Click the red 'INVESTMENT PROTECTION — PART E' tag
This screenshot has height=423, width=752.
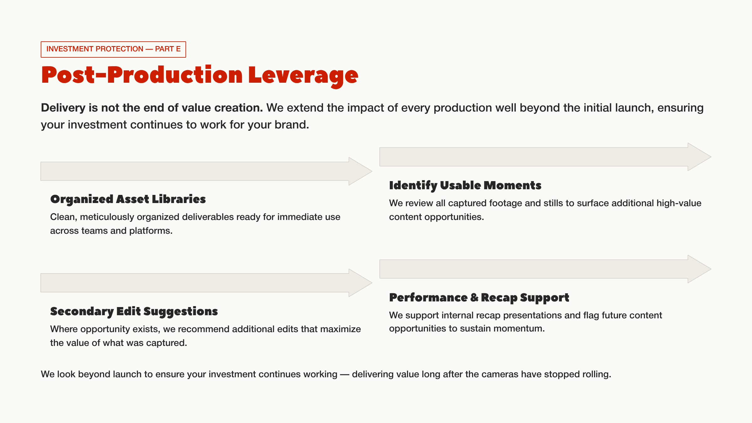pos(113,49)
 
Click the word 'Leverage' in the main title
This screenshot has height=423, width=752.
pos(303,76)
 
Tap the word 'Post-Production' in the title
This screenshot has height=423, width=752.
pos(142,75)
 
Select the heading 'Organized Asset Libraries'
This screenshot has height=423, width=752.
pos(128,199)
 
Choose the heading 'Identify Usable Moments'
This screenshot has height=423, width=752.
pos(465,185)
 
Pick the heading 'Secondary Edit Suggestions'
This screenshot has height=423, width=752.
pos(134,311)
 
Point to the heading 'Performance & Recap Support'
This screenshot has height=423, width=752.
pos(479,298)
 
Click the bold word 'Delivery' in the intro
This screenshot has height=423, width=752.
pos(63,108)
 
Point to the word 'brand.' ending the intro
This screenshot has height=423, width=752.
pos(292,125)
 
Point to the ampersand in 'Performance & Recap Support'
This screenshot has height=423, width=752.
pos(474,298)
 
